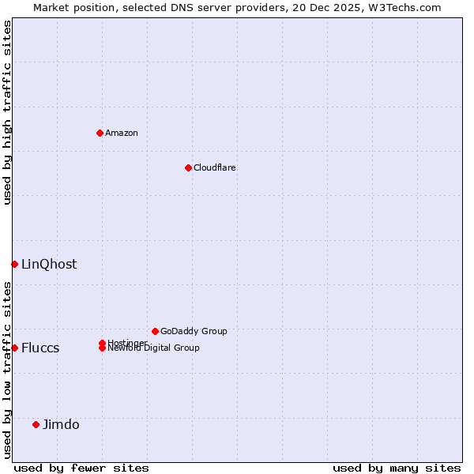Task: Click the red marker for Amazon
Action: (100, 133)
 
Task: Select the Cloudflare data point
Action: (188, 167)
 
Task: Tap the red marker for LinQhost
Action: (14, 264)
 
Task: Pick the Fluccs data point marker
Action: (14, 348)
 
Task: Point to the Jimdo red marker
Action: (36, 424)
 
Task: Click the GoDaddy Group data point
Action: (155, 331)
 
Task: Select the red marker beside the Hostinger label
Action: (102, 343)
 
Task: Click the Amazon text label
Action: (121, 133)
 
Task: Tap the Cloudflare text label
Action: (214, 167)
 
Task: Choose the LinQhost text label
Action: (49, 264)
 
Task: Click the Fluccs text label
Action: (40, 348)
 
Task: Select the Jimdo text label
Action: (61, 424)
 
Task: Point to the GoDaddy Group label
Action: (194, 331)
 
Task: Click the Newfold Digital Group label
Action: (153, 348)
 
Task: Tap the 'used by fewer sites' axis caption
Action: (81, 468)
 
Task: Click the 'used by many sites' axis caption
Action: (397, 468)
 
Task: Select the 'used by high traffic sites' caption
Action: (7, 112)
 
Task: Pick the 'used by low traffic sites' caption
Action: (7, 370)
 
